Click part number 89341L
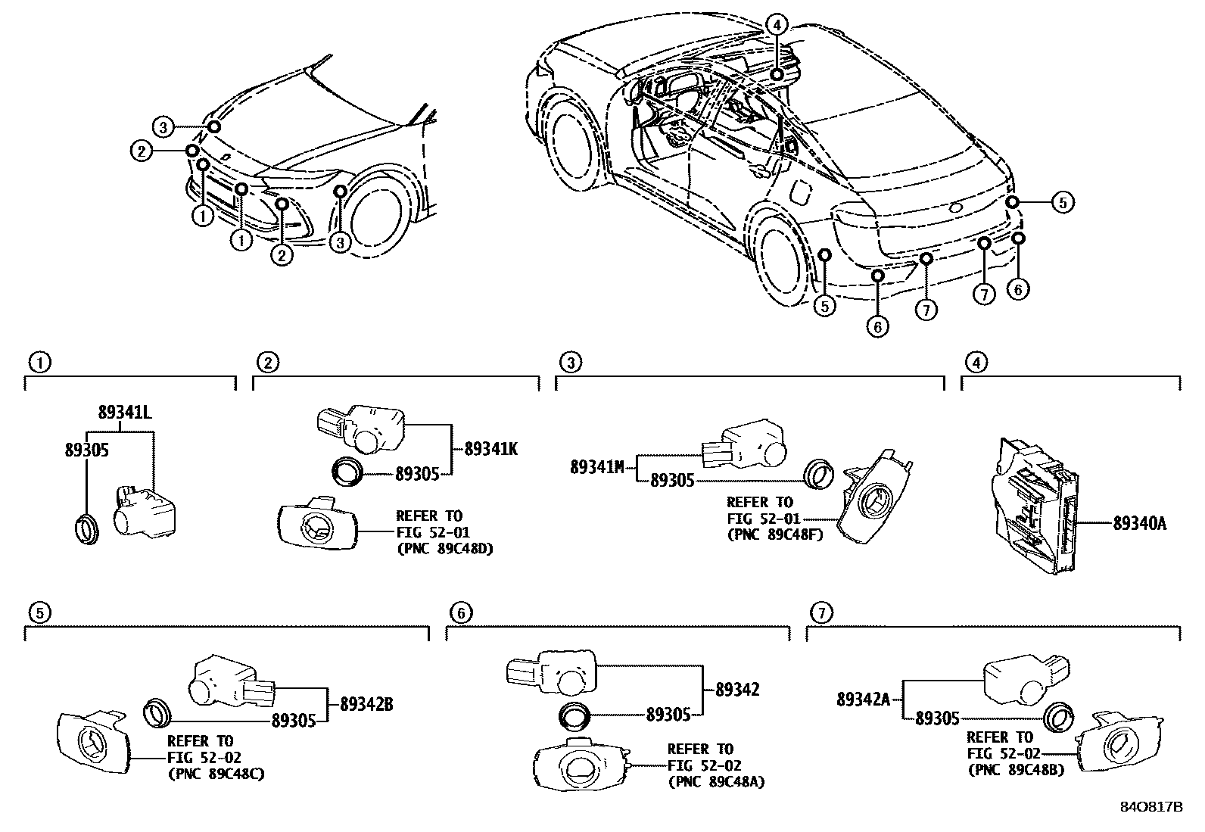click(x=124, y=413)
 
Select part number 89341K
click(x=490, y=449)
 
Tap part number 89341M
click(x=597, y=467)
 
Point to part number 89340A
click(x=1139, y=522)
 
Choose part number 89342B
click(x=366, y=704)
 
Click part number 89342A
click(x=863, y=700)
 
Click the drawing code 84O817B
click(x=1151, y=807)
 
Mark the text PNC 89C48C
click(x=216, y=774)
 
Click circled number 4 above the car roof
click(x=777, y=24)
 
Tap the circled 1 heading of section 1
click(x=39, y=363)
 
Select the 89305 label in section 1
click(x=86, y=450)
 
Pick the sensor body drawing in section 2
click(x=361, y=426)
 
